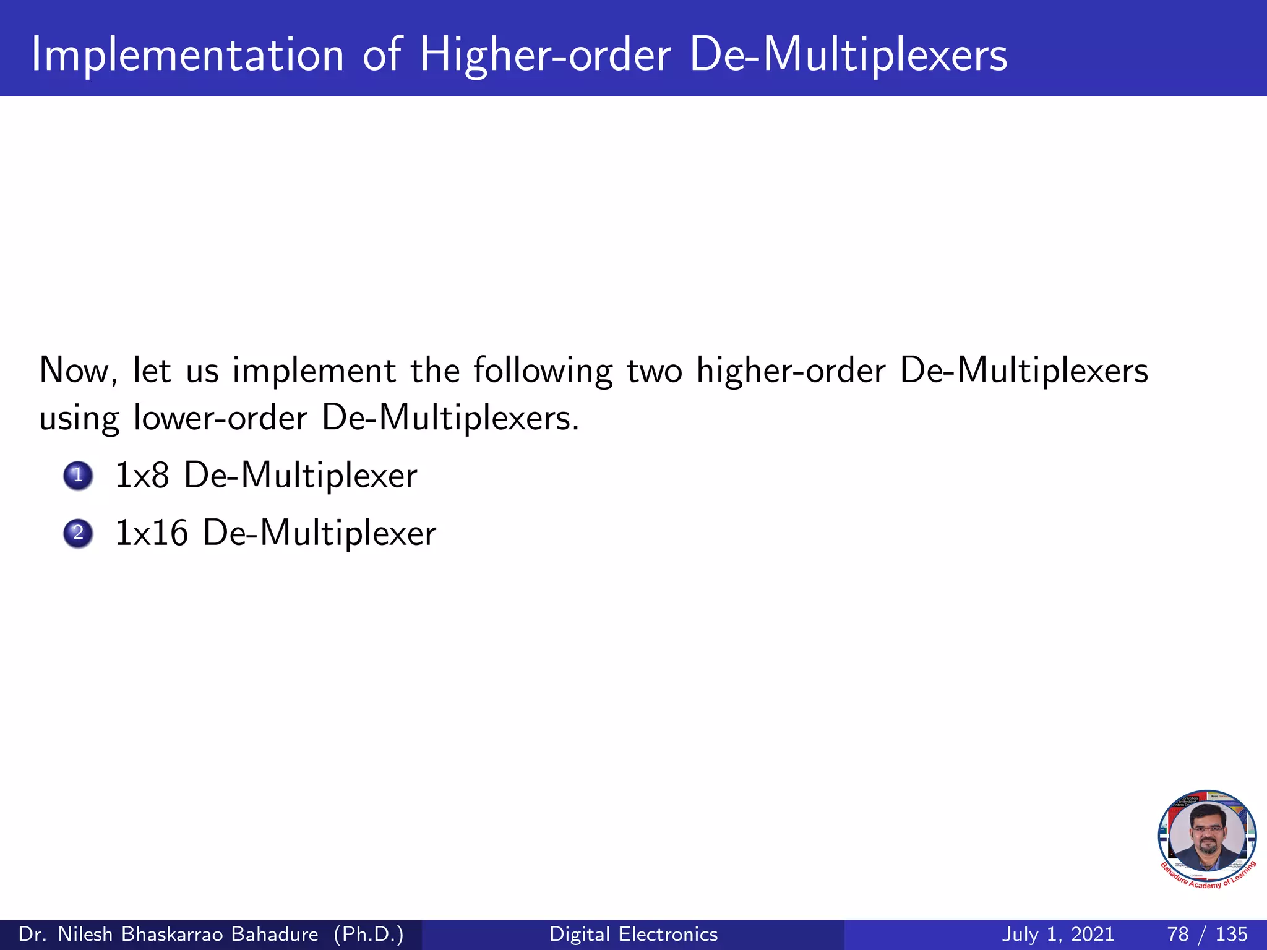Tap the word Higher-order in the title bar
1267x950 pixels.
[544, 56]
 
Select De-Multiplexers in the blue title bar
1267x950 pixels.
[848, 56]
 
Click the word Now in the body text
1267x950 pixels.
[78, 371]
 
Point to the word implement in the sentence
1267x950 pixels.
[314, 371]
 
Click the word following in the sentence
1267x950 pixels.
[543, 371]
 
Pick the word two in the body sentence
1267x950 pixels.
[655, 371]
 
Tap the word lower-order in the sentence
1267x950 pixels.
[220, 418]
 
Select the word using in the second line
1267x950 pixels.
[79, 419]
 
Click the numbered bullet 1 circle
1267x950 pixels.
[78, 476]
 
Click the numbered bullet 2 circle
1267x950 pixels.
[78, 533]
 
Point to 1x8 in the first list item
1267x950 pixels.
[142, 476]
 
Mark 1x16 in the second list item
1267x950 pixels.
[152, 533]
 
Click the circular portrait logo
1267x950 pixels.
[1207, 837]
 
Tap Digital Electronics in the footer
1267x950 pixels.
[633, 934]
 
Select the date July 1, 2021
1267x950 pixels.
[1058, 934]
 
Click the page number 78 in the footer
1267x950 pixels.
[1178, 934]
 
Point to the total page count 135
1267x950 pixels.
[1231, 934]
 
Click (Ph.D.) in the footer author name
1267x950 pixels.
[369, 934]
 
